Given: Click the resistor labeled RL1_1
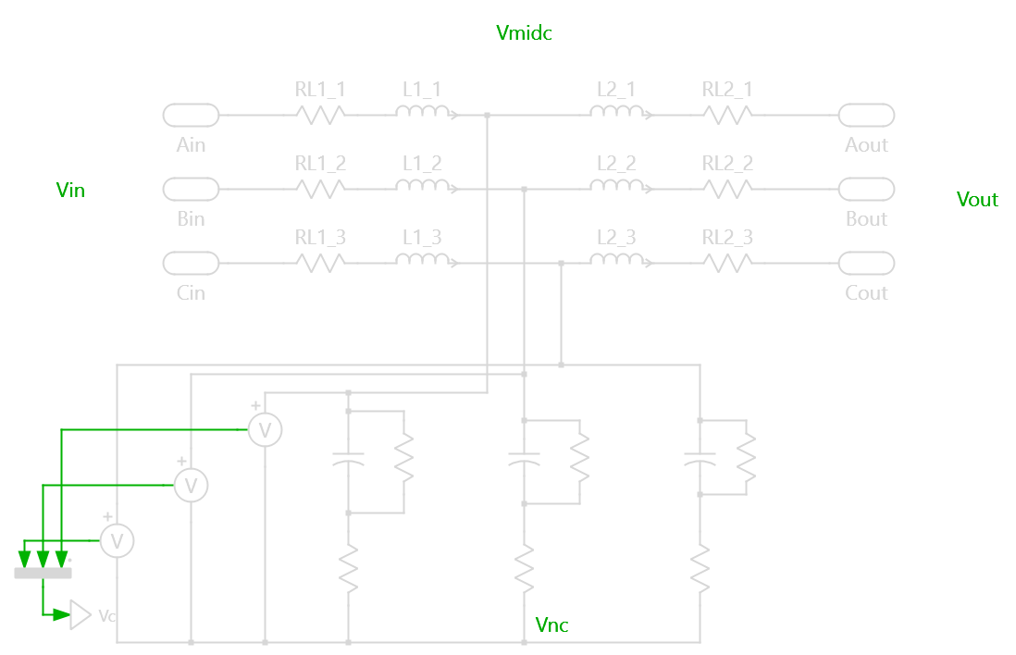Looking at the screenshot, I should [x=320, y=115].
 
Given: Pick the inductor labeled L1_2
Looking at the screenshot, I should [x=424, y=187].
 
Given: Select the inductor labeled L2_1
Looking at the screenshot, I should [x=618, y=113].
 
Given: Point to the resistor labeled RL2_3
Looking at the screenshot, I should [x=727, y=263].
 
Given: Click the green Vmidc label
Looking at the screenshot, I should [x=524, y=33].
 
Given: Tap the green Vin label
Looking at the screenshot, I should [x=70, y=191].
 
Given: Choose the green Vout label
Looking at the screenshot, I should [x=977, y=200].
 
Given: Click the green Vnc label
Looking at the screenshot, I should [x=551, y=625].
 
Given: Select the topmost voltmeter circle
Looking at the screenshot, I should [x=265, y=429].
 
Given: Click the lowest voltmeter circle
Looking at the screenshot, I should [x=117, y=540].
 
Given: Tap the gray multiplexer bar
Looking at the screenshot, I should [x=43, y=573].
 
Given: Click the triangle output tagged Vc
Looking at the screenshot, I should [x=81, y=614].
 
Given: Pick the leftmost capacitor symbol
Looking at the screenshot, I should [x=348, y=459].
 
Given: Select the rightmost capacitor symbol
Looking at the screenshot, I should [x=700, y=459].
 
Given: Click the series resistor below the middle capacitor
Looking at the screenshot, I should [x=525, y=568].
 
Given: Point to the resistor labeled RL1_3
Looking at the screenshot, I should [x=320, y=263].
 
